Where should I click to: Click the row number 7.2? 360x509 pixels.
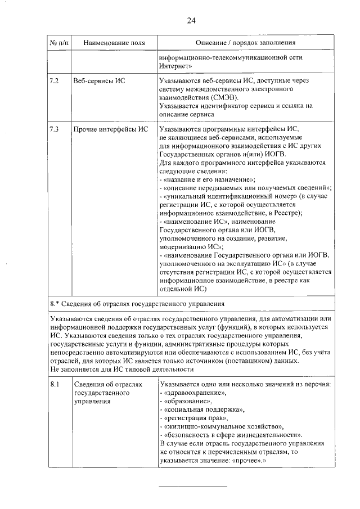(x=55, y=81)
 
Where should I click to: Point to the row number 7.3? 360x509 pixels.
(x=55, y=130)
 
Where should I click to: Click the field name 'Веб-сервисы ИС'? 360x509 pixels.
(x=99, y=81)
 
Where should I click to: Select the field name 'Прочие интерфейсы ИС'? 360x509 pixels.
(x=111, y=130)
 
